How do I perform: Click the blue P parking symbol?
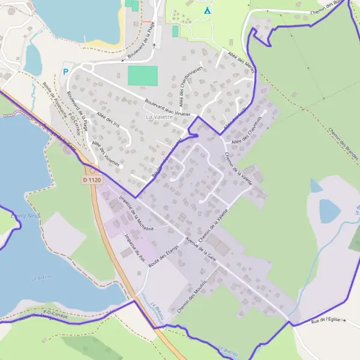65,71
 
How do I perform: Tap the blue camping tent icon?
208,11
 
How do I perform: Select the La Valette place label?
159,117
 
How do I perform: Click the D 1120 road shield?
92,179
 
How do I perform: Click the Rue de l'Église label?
326,320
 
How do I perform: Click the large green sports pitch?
143,76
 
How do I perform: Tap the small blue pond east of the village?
329,211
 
